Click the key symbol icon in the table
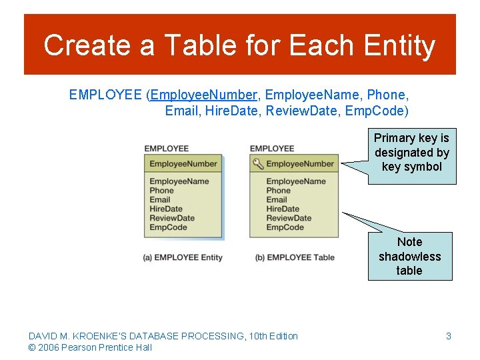[257, 163]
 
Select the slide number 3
[449, 336]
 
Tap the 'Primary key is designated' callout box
[411, 153]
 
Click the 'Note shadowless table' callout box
[409, 256]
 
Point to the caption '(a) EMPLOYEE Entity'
[183, 257]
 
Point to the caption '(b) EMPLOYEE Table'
[295, 257]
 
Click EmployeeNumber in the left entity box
[183, 164]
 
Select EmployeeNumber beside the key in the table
[300, 164]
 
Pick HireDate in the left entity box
[167, 209]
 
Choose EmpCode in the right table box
[285, 227]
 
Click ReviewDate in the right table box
[289, 218]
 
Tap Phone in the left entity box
[161, 191]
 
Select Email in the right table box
[277, 199]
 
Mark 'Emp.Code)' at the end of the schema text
[377, 111]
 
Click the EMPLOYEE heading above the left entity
[167, 148]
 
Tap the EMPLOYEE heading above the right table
[272, 148]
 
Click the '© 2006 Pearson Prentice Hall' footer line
[90, 347]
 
